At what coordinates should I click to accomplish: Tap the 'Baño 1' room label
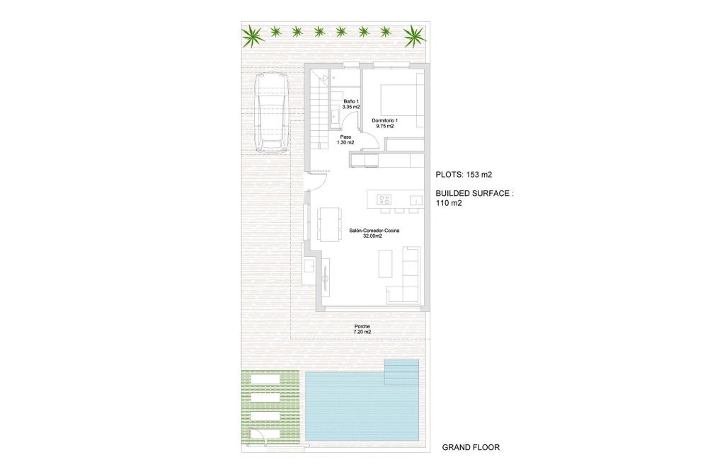tap(352, 103)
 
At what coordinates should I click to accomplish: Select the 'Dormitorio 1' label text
tap(385, 120)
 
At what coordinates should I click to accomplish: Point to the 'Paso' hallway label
tap(345, 136)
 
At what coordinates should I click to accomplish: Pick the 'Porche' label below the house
tap(362, 326)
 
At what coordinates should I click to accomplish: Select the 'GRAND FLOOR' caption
tap(471, 447)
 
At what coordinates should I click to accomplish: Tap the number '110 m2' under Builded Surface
tap(449, 203)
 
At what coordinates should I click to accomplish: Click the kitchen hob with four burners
tap(384, 200)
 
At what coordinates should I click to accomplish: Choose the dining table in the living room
tap(328, 224)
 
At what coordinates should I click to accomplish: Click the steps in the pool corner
tap(401, 371)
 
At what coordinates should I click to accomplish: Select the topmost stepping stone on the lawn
tap(267, 381)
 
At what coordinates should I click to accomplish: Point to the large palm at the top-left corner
tap(252, 33)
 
